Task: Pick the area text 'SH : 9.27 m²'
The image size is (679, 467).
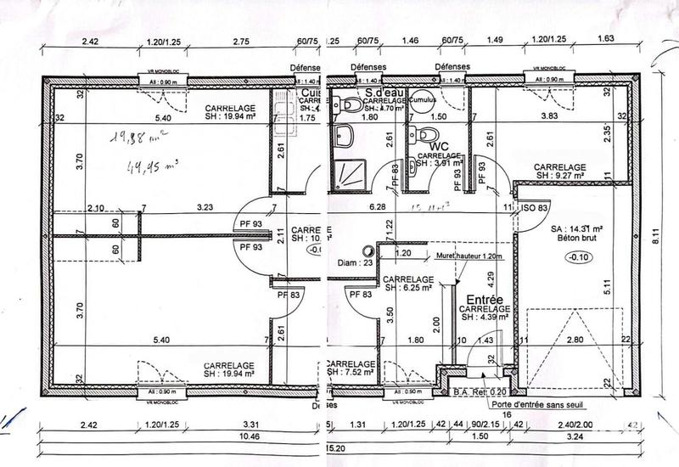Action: (560, 176)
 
